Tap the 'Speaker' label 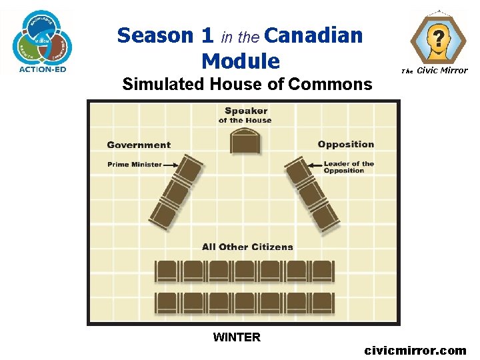click(245, 111)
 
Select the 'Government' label click(139, 145)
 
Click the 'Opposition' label click(346, 145)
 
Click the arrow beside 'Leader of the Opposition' click(314, 165)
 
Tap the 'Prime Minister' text click(134, 165)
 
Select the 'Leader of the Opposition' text click(349, 167)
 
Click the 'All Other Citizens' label click(247, 247)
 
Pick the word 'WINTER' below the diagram click(237, 337)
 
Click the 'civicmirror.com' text click(415, 350)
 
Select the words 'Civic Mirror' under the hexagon click(442, 71)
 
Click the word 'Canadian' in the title click(317, 35)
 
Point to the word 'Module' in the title click(240, 61)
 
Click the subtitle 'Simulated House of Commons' click(247, 84)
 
